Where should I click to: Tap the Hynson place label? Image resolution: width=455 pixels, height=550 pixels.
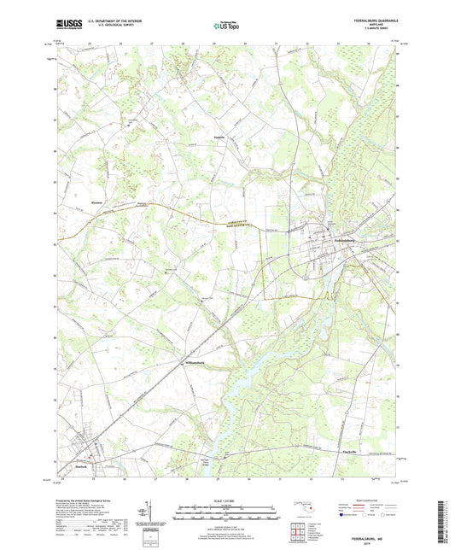click(97, 202)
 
